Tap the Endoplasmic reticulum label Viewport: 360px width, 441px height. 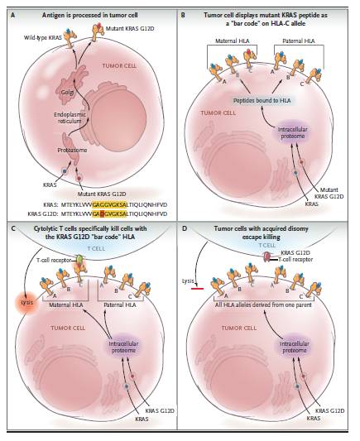pyautogui.click(x=70, y=117)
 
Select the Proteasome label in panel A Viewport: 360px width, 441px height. pyautogui.click(x=72, y=151)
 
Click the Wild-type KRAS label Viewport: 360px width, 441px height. pyautogui.click(x=43, y=37)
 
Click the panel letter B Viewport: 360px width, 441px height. pyautogui.click(x=183, y=15)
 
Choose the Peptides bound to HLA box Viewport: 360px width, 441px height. pyautogui.click(x=262, y=100)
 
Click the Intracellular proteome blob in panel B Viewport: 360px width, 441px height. pyautogui.click(x=292, y=132)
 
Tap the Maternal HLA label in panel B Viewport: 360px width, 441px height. pyautogui.click(x=233, y=41)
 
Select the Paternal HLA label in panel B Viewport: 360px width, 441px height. pyautogui.click(x=299, y=41)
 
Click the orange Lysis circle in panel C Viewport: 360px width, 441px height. pyautogui.click(x=27, y=303)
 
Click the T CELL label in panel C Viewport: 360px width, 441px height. pyautogui.click(x=96, y=248)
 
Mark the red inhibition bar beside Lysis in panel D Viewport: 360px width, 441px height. pyautogui.click(x=197, y=289)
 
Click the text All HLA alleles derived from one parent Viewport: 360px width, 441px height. pyautogui.click(x=263, y=304)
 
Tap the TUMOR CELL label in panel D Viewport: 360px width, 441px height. pyautogui.click(x=239, y=328)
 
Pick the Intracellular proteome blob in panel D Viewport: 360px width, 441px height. pyautogui.click(x=295, y=347)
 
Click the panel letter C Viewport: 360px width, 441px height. pyautogui.click(x=12, y=228)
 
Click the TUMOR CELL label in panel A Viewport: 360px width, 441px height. pyautogui.click(x=119, y=66)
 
